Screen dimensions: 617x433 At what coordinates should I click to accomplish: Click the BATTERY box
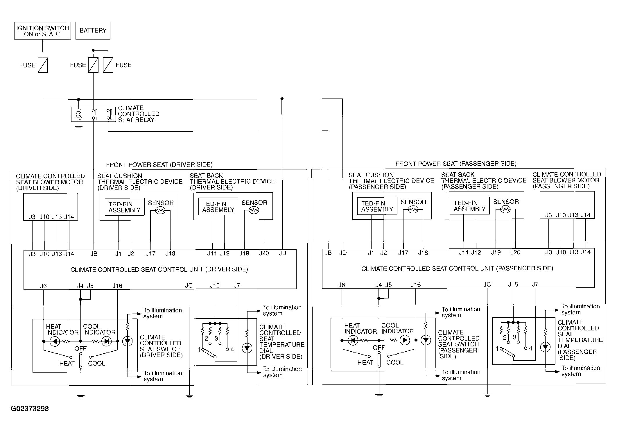pyautogui.click(x=93, y=31)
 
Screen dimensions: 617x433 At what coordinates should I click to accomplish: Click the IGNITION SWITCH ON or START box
pyautogui.click(x=42, y=31)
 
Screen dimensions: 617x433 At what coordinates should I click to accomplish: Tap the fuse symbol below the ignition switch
pyautogui.click(x=43, y=65)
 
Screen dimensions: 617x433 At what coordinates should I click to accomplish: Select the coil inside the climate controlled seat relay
pyautogui.click(x=79, y=114)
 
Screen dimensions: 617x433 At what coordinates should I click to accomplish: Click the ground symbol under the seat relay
pyautogui.click(x=79, y=127)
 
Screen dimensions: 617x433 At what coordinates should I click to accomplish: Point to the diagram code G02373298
pyautogui.click(x=30, y=409)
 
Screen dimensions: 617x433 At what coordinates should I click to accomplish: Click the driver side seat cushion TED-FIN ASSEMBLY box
pyautogui.click(x=124, y=207)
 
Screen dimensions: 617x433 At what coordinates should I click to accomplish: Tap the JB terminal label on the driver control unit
pyautogui.click(x=94, y=254)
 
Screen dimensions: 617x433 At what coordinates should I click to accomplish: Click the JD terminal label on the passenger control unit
pyautogui.click(x=343, y=253)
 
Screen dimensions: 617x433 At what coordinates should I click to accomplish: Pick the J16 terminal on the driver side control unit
pyautogui.click(x=117, y=286)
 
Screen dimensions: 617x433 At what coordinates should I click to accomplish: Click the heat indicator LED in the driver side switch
pyautogui.click(x=54, y=341)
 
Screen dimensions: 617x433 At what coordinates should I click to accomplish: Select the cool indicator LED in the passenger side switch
pyautogui.click(x=404, y=340)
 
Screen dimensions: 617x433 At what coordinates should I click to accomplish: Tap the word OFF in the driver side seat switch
pyautogui.click(x=80, y=348)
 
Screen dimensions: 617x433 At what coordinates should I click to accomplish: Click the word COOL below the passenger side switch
pyautogui.click(x=395, y=362)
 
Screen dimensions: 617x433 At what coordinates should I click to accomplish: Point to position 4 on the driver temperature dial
pyautogui.click(x=232, y=350)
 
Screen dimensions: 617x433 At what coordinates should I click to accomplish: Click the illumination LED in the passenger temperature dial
pyautogui.click(x=545, y=347)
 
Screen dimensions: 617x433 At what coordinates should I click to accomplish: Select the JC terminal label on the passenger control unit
pyautogui.click(x=487, y=285)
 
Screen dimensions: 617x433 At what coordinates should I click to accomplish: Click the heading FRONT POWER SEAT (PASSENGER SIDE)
pyautogui.click(x=456, y=164)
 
